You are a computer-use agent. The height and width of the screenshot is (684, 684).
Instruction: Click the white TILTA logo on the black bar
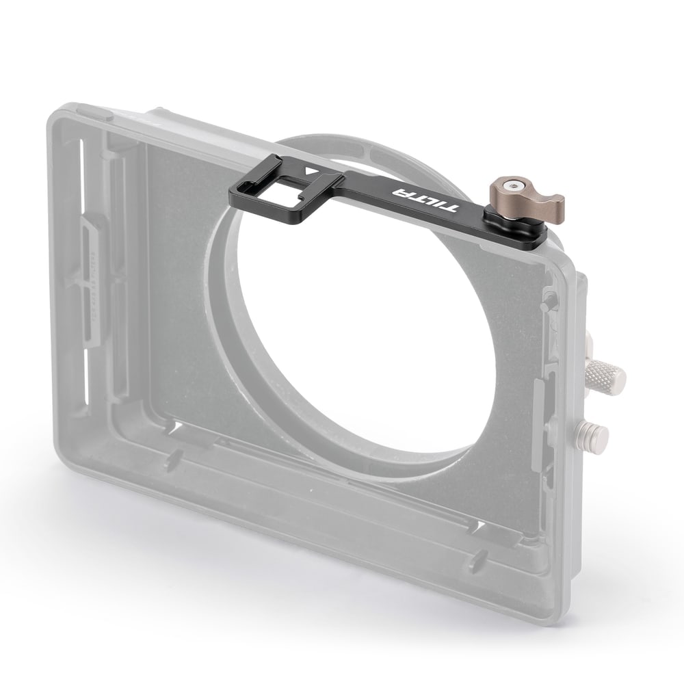(x=425, y=200)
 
